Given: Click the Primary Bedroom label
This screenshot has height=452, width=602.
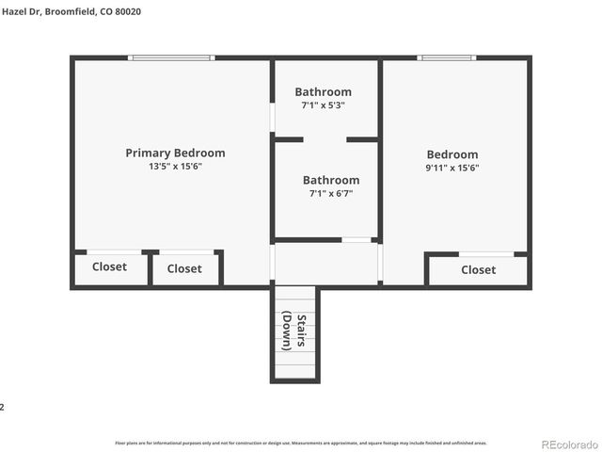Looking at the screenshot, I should tap(175, 153).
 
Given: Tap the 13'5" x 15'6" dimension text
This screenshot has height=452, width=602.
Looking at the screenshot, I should tap(175, 166).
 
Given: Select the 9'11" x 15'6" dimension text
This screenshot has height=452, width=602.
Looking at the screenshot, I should tap(452, 168).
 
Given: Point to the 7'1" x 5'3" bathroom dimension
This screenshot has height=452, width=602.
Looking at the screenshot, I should tap(323, 105).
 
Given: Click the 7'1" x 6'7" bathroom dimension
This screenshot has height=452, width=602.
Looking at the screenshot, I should tap(330, 194).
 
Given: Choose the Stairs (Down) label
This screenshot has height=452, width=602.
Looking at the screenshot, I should tap(294, 331).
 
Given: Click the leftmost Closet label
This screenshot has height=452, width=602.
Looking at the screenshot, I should tap(109, 266).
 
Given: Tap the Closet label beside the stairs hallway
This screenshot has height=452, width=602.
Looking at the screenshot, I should tap(184, 268).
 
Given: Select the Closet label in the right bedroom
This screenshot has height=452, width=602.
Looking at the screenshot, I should tap(478, 269).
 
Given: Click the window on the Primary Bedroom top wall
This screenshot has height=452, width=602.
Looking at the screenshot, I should tap(171, 58).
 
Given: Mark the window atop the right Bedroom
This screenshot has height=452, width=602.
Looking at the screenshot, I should tap(447, 58).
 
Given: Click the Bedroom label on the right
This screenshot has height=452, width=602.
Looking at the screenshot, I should tap(452, 154).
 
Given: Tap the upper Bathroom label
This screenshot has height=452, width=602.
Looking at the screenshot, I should tap(323, 91).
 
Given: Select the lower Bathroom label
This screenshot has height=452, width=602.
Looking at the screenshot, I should tap(330, 180).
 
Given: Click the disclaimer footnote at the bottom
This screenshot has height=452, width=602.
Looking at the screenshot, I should tap(301, 442).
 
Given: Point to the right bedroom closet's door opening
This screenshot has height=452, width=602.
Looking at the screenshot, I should tap(486, 254).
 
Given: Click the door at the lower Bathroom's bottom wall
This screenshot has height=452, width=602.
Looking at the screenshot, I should tap(356, 240).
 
